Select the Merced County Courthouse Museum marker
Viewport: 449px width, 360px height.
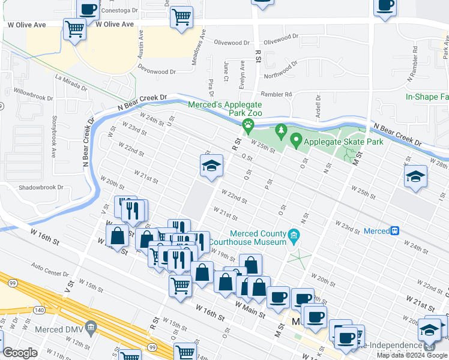[294, 234]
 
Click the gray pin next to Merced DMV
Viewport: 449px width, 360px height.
[91, 328]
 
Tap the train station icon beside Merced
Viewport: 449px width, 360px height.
[395, 231]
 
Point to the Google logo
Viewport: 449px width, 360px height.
[20, 353]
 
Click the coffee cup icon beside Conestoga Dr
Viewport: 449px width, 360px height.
[89, 10]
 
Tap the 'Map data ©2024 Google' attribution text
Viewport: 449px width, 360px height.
[411, 355]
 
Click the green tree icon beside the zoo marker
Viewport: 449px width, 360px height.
[280, 130]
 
